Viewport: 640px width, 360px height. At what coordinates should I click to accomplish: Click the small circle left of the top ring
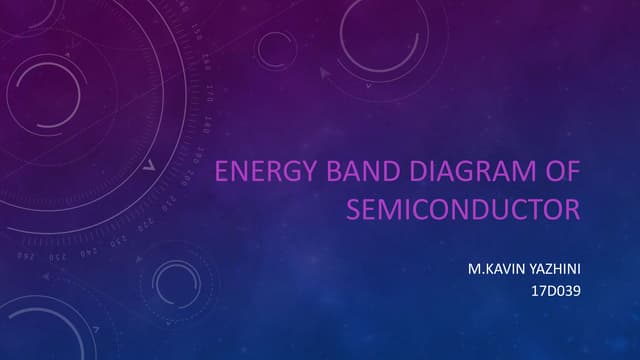coord(276,48)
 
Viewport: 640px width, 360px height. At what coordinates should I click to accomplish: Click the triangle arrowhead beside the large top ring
coord(324,73)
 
